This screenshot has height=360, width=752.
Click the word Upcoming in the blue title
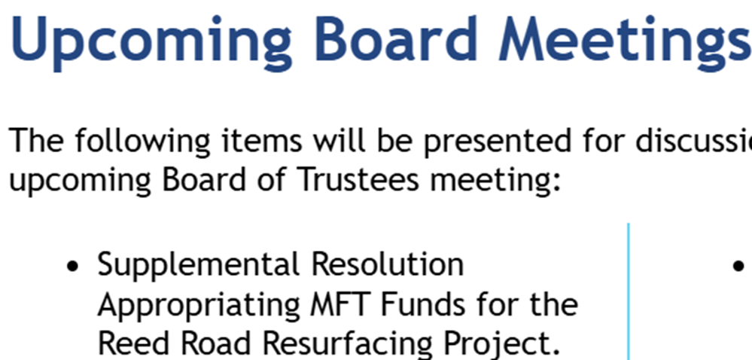(x=150, y=42)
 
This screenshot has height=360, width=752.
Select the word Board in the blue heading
(x=396, y=39)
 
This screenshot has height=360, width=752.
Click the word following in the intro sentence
(x=142, y=141)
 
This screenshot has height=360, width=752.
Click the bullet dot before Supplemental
(x=72, y=266)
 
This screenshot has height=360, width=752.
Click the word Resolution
(x=388, y=264)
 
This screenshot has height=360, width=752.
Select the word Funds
(x=422, y=304)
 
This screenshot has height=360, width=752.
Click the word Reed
(x=126, y=343)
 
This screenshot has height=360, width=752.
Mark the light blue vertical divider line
(x=628, y=291)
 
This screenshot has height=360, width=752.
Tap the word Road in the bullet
(x=209, y=343)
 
